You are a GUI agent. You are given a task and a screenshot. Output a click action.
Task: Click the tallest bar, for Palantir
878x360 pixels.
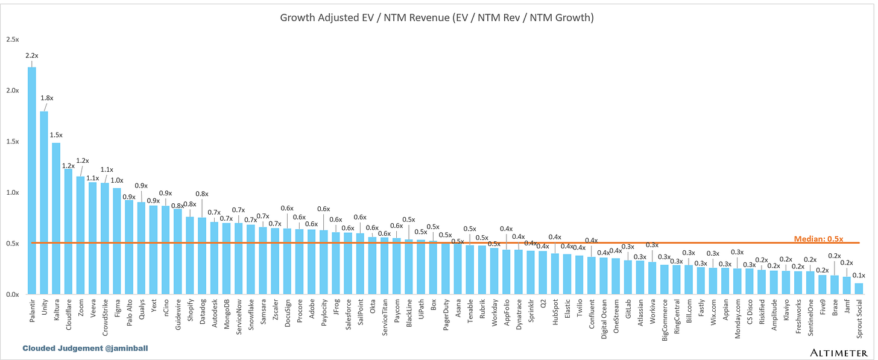click(x=31, y=181)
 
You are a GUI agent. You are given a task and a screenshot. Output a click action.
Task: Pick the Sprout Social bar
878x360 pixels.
click(x=859, y=289)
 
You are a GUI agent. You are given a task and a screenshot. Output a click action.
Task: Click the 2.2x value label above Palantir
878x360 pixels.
click(x=31, y=55)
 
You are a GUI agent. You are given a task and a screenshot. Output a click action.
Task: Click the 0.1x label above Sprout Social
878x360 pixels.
click(x=859, y=275)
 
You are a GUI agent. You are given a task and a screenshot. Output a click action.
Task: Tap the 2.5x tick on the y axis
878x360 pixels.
click(x=12, y=39)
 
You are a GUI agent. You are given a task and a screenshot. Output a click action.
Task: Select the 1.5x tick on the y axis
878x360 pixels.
click(x=12, y=142)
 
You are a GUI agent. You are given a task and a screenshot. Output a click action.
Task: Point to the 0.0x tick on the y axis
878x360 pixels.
click(x=12, y=295)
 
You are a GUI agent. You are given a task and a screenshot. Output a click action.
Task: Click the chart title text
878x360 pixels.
click(x=437, y=17)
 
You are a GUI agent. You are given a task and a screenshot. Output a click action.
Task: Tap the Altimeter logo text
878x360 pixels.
click(x=837, y=349)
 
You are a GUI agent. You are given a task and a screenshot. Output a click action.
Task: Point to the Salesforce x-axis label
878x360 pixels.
click(x=349, y=315)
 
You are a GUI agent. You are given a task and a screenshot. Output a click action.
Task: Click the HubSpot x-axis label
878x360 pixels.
click(x=555, y=314)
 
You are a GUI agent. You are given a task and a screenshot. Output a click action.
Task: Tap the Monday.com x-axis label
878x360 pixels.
click(x=737, y=318)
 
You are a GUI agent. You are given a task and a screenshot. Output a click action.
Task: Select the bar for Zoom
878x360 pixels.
click(x=80, y=236)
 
